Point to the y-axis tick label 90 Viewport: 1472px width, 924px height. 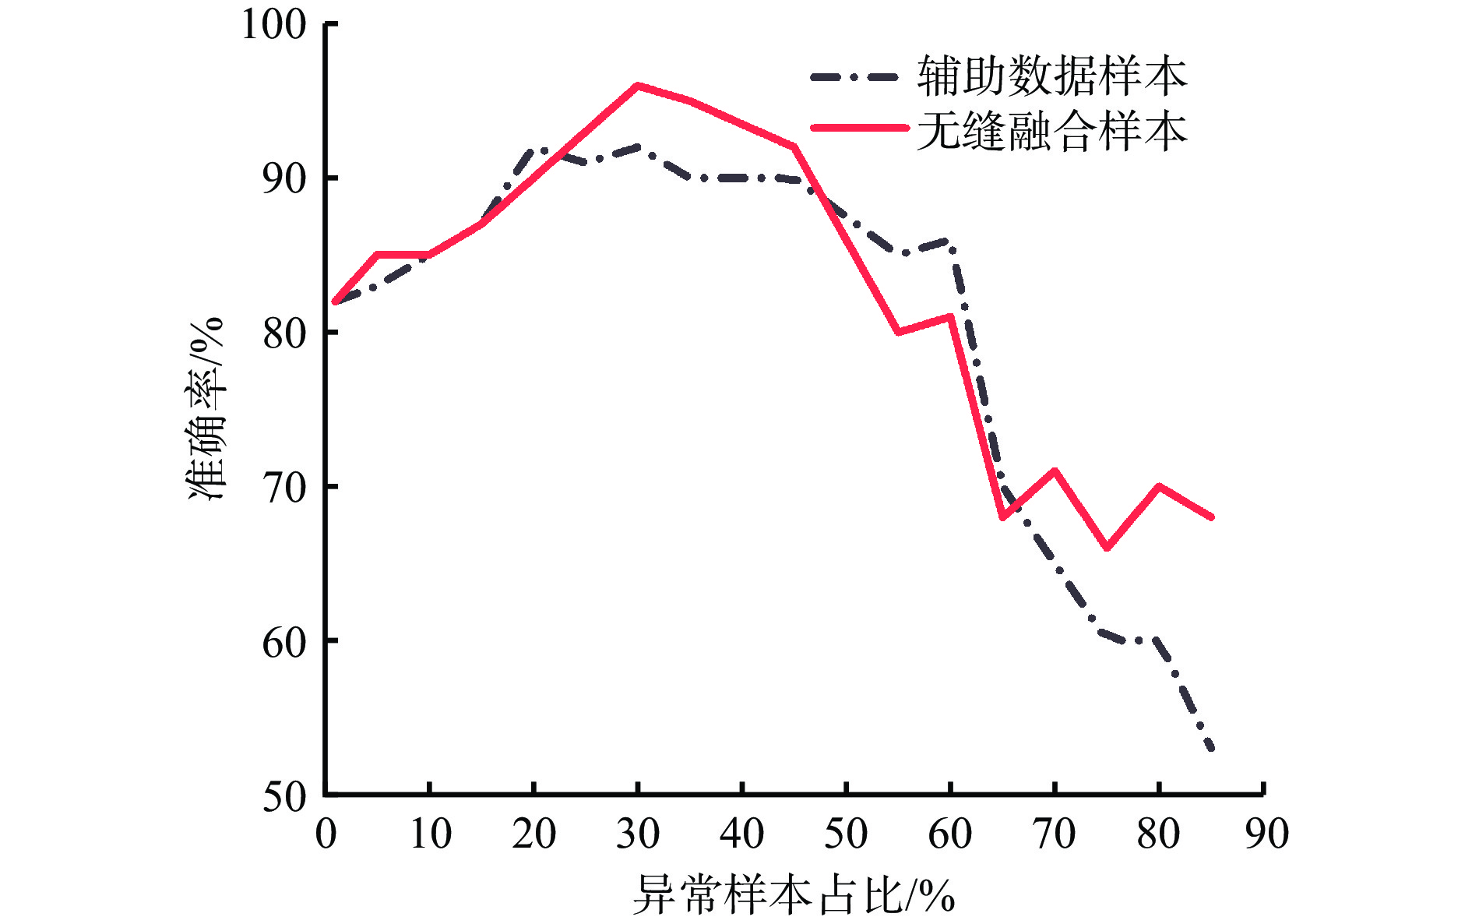tap(285, 178)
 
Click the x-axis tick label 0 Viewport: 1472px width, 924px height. tap(326, 834)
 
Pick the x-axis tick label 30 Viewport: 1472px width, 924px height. tap(638, 834)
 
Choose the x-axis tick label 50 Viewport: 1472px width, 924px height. tap(846, 834)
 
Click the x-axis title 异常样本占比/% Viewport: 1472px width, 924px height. tap(794, 894)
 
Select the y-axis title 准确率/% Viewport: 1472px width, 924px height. tap(206, 409)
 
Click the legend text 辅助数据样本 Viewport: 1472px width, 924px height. tap(1052, 76)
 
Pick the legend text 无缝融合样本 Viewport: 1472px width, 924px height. tap(1052, 130)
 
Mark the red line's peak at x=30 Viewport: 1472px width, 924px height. tap(638, 85)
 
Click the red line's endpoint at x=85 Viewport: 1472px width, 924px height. tap(1212, 517)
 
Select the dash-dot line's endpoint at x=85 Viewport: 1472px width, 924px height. tap(1211, 749)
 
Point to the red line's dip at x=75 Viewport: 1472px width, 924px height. tap(1108, 548)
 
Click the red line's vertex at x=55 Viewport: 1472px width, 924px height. tap(899, 333)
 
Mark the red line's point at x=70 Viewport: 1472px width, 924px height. tap(1055, 471)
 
